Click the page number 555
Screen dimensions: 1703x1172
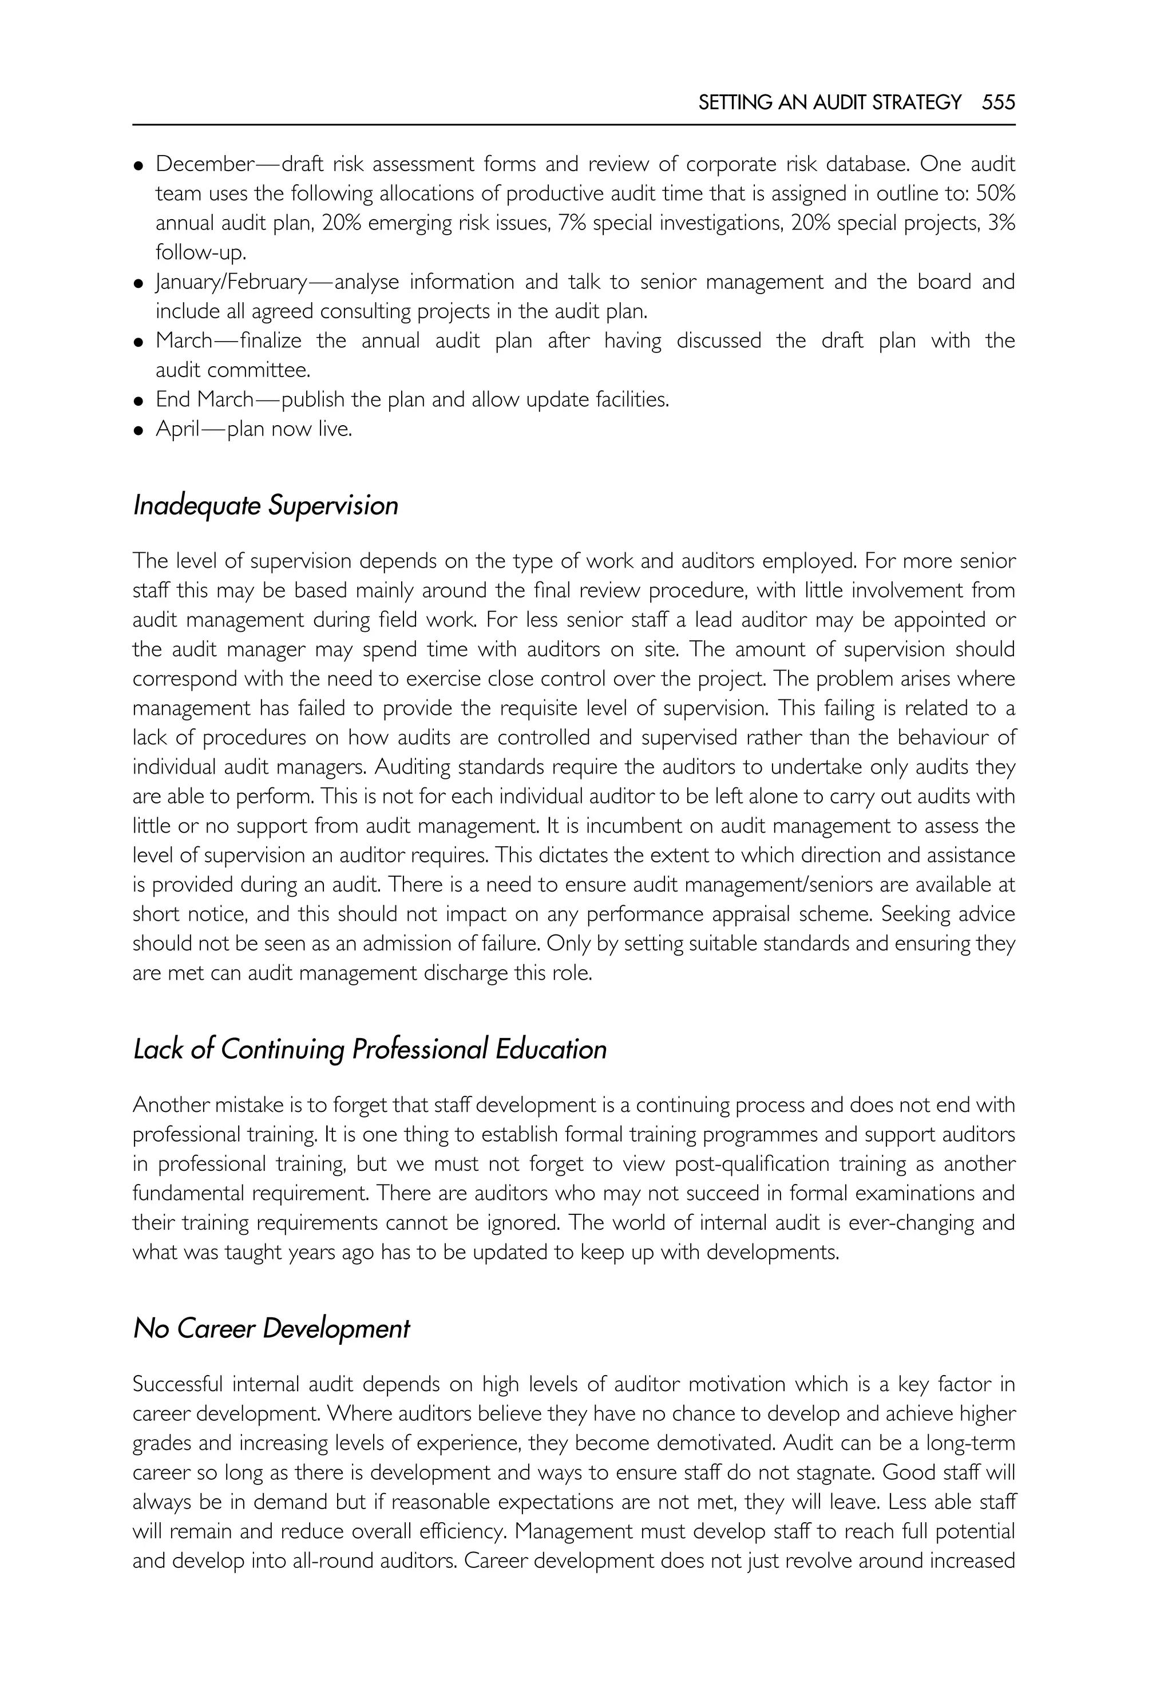point(998,102)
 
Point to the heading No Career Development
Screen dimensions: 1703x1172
point(271,1329)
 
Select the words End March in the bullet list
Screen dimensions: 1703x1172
point(204,399)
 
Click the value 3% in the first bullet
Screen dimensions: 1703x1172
point(1001,223)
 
